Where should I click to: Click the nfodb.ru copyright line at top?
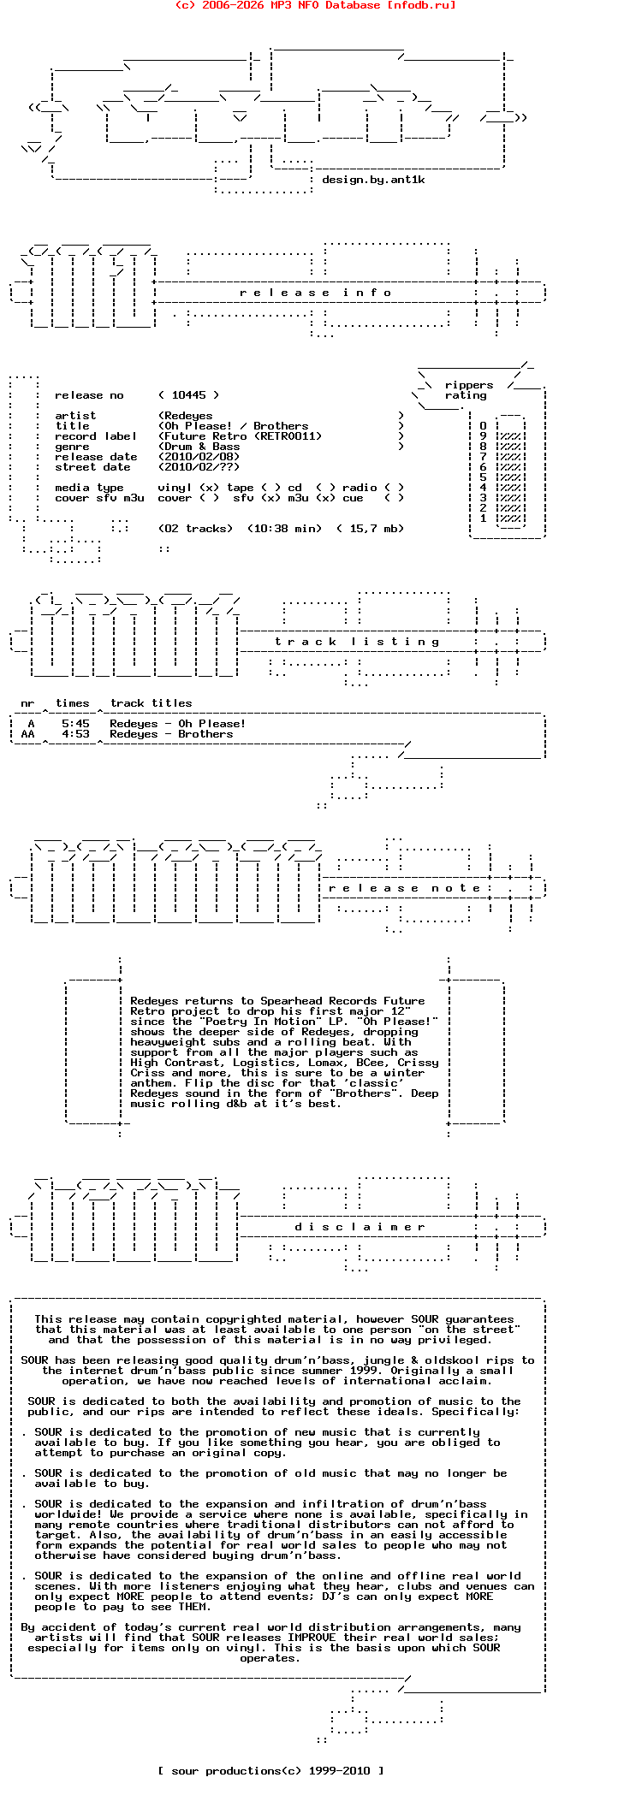pyautogui.click(x=315, y=5)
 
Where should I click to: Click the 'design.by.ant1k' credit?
pyautogui.click(x=373, y=180)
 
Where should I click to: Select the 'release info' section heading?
pyautogui.click(x=315, y=293)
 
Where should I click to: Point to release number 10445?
pyautogui.click(x=188, y=395)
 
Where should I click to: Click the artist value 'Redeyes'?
pyautogui.click(x=188, y=416)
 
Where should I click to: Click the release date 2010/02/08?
pyautogui.click(x=199, y=457)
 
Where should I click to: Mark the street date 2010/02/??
pyautogui.click(x=199, y=467)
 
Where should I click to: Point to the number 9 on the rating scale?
pyautogui.click(x=483, y=436)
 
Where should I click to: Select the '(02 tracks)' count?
pyautogui.click(x=195, y=529)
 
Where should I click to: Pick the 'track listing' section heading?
pyautogui.click(x=357, y=642)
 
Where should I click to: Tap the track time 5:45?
pyautogui.click(x=75, y=724)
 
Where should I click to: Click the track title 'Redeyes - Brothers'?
pyautogui.click(x=171, y=734)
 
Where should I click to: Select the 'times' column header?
pyautogui.click(x=72, y=703)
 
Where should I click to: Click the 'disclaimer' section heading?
pyautogui.click(x=360, y=1227)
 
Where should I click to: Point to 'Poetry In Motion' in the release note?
pyautogui.click(x=260, y=1022)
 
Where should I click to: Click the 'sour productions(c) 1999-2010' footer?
pyautogui.click(x=270, y=1771)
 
